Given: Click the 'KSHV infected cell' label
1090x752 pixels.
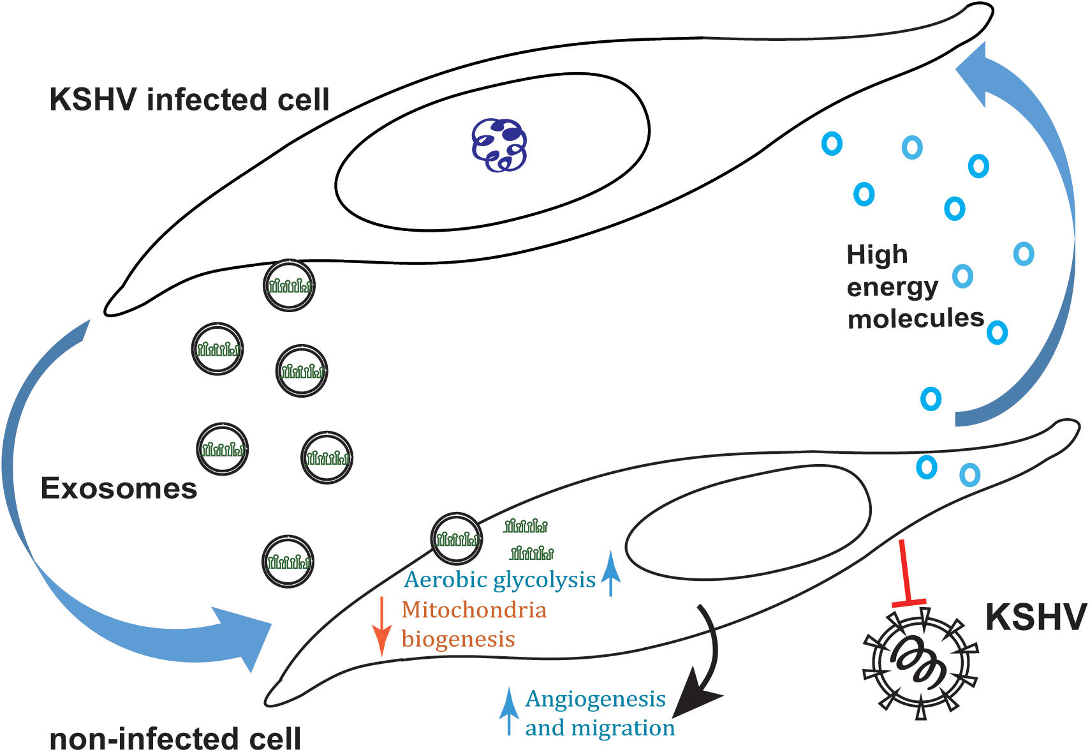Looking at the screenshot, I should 189,100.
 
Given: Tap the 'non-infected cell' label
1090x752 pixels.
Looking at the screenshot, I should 175,739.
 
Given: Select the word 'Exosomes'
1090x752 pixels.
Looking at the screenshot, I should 119,488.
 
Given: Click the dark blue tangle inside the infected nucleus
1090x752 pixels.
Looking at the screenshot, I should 499,145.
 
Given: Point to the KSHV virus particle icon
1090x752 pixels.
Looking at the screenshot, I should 919,664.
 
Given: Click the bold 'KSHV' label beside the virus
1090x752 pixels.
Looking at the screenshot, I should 1036,617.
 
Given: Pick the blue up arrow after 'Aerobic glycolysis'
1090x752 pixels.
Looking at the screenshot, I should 611,573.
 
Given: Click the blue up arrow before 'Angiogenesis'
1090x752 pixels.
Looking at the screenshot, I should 508,711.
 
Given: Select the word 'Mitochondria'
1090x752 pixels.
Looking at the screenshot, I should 474,610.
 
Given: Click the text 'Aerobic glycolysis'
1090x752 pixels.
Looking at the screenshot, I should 500,580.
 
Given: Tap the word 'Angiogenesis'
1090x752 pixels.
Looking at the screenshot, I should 595,699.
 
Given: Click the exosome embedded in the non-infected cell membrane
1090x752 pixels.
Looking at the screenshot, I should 457,538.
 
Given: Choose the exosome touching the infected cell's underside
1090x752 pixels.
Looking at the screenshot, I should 290,285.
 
